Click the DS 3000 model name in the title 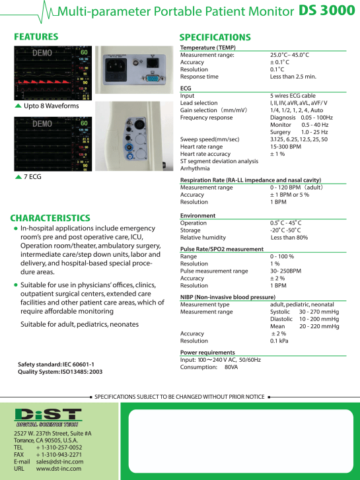pyautogui.click(x=326, y=11)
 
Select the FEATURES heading pyautogui.click(x=36, y=37)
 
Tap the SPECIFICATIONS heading pyautogui.click(x=215, y=37)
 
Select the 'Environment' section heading pyautogui.click(x=198, y=215)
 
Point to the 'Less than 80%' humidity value pyautogui.click(x=289, y=237)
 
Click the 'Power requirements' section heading pyautogui.click(x=207, y=353)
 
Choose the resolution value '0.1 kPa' pyautogui.click(x=283, y=341)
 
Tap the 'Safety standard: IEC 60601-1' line pyautogui.click(x=55, y=364)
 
